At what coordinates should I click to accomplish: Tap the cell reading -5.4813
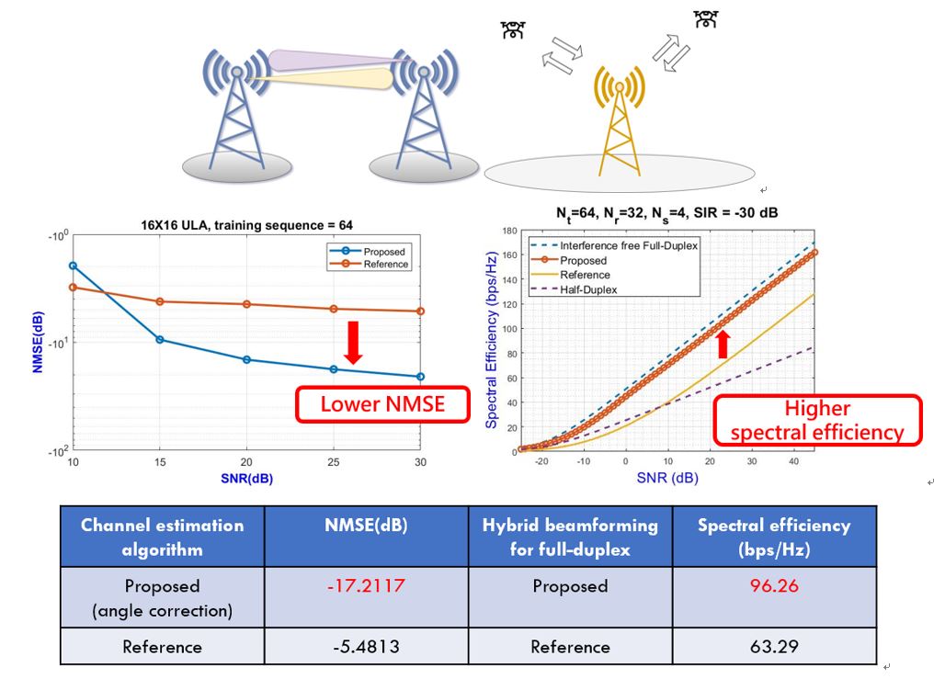pos(366,646)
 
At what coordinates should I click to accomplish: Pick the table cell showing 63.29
pos(774,646)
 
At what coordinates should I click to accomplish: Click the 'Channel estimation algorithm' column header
pos(163,537)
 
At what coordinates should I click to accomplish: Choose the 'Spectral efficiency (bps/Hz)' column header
pos(774,537)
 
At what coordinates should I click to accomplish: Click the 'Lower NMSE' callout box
pos(381,404)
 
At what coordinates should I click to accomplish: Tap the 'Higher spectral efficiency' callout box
pos(816,421)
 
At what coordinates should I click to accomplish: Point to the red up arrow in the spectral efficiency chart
pos(723,344)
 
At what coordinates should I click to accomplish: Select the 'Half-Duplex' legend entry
pos(588,289)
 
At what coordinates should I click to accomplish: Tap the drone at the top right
pos(706,18)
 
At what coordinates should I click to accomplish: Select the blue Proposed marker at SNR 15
pos(160,339)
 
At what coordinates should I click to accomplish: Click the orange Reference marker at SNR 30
pos(420,311)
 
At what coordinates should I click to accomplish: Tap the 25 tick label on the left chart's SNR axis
pos(334,460)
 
